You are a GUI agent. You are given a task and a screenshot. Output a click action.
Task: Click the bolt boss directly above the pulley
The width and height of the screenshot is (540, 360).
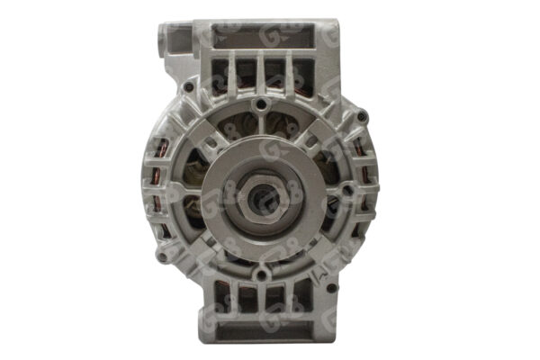pyautogui.click(x=262, y=105)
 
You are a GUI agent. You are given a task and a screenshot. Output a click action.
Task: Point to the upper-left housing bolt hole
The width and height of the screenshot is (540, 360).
pyautogui.click(x=186, y=88)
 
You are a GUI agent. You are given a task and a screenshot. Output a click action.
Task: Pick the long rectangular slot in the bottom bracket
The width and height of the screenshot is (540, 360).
pyautogui.click(x=261, y=328)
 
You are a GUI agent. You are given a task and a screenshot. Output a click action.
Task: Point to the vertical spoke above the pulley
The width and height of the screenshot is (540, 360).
pyautogui.click(x=262, y=135)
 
